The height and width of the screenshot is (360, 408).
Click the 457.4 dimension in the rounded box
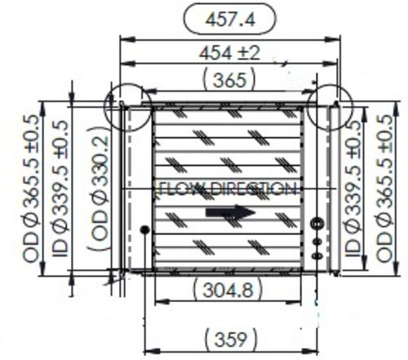(x=230, y=16)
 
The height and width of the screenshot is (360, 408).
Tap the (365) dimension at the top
(x=229, y=80)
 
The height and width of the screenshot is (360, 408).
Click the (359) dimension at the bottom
(x=228, y=336)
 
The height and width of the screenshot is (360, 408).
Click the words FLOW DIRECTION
(x=227, y=189)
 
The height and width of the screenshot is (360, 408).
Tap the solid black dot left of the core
(x=144, y=229)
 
